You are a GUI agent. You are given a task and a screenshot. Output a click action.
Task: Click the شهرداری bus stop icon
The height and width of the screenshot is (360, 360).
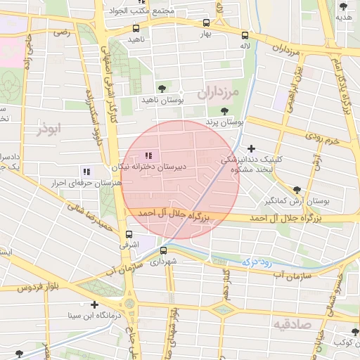[164, 250]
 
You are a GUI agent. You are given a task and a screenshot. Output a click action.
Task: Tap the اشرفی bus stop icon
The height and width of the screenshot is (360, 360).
[128, 234]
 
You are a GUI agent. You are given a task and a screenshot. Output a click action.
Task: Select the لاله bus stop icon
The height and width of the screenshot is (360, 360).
[245, 35]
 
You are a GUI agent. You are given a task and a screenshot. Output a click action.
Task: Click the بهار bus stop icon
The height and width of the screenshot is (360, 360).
[205, 22]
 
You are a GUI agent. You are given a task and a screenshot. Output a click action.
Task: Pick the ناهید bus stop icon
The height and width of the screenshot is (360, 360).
[136, 29]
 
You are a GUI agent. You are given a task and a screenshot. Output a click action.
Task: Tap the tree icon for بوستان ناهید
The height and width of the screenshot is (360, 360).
[162, 89]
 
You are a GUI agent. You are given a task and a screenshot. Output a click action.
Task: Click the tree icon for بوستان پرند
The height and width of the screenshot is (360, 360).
[224, 111]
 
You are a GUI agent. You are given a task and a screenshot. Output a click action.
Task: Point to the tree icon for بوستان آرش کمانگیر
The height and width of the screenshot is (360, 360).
[296, 190]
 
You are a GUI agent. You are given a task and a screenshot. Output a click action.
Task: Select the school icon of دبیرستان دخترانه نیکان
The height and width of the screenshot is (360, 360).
[148, 155]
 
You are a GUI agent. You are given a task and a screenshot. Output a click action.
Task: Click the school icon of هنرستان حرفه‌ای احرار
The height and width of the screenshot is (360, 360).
[86, 171]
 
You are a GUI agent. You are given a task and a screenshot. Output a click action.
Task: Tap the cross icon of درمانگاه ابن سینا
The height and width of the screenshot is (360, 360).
[94, 304]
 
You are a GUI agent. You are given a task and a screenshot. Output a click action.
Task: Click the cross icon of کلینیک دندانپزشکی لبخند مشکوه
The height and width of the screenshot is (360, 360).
[251, 148]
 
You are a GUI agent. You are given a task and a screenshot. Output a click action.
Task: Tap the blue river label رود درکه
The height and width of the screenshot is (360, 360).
[256, 261]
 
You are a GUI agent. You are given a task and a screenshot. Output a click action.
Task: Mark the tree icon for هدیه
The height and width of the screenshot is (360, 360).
[343, 6]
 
